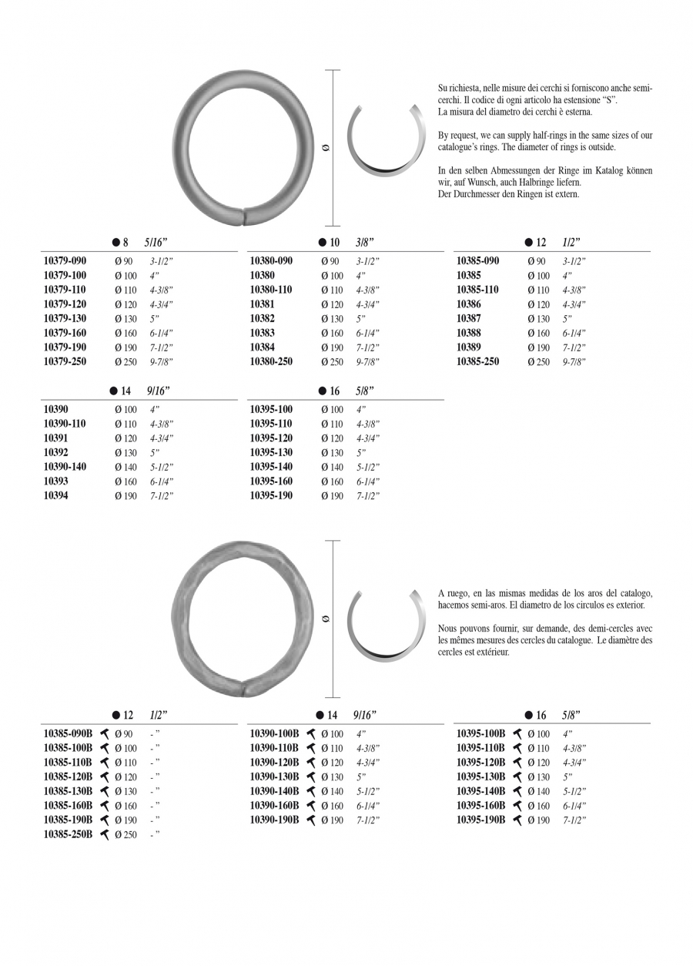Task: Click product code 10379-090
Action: (65, 261)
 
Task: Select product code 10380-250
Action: (271, 361)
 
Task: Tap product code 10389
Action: (469, 347)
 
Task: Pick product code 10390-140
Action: (65, 467)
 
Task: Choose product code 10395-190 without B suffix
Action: (271, 496)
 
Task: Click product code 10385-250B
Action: (69, 834)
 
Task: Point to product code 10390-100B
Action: (275, 733)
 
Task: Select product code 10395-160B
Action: (481, 805)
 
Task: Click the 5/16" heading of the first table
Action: (157, 242)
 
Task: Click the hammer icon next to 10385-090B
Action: (105, 733)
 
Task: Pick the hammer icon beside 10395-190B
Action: (517, 820)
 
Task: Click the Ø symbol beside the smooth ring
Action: (326, 147)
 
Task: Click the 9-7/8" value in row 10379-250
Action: (162, 362)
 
